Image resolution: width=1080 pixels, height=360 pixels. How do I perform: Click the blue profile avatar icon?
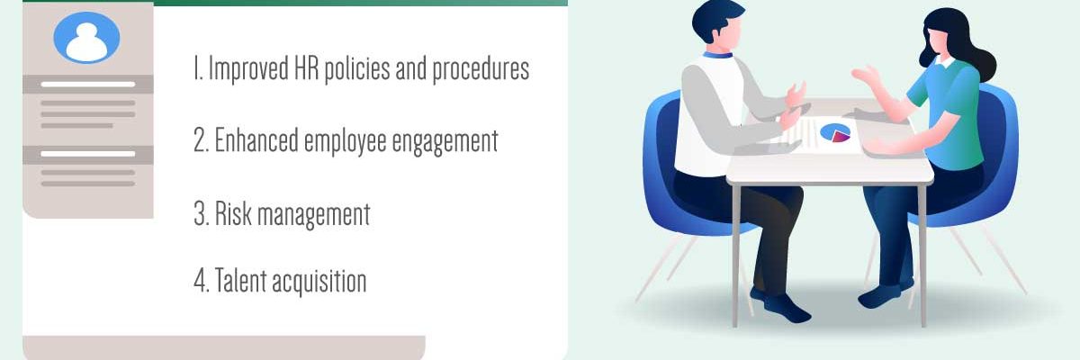click(x=87, y=38)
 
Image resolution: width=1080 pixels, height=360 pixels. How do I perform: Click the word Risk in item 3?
click(x=226, y=214)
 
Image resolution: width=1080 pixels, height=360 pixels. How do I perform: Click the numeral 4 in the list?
click(x=200, y=281)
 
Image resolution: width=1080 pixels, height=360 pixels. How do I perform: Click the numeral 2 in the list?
click(x=201, y=141)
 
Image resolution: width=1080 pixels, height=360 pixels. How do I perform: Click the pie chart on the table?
click(x=836, y=133)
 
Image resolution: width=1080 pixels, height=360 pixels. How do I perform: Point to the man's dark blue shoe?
click(x=783, y=306)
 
